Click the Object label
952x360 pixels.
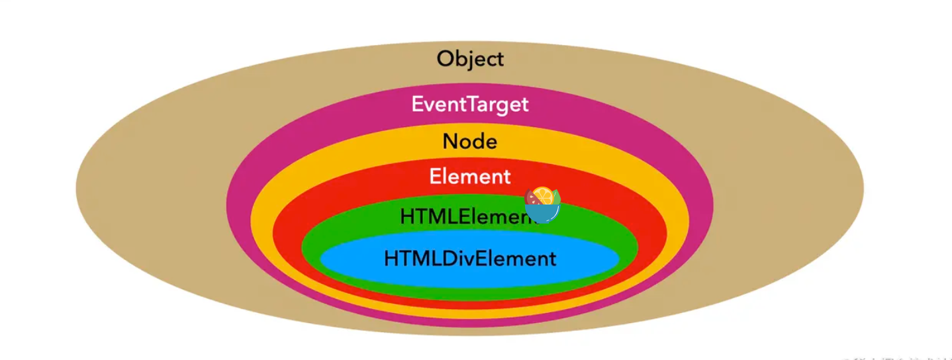point(470,59)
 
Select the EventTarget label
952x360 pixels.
point(470,105)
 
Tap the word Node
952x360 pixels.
point(470,142)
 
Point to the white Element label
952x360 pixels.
point(470,177)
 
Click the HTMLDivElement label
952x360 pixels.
point(470,258)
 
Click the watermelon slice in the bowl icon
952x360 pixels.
point(532,197)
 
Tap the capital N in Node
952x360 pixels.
point(450,142)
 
